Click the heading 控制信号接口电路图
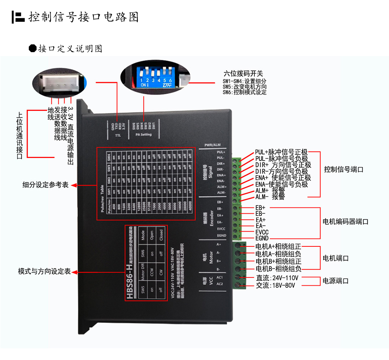83,17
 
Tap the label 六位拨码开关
244,74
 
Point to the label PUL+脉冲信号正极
281,152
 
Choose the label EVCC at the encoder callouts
262,232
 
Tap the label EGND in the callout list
262,238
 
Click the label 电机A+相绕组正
278,246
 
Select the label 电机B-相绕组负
278,269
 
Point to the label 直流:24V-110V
277,278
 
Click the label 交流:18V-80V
275,285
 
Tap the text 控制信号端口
343,170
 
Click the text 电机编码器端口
346,221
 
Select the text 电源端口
336,281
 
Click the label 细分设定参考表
45,185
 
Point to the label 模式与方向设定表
44,271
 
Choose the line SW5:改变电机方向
244,87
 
